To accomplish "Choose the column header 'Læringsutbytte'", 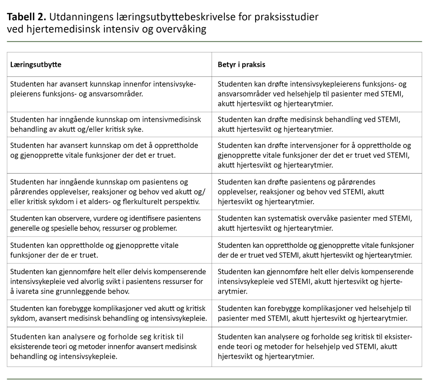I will click(36, 65).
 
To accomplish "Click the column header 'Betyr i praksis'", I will click(241, 65).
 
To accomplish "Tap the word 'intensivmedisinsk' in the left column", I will click(171, 120).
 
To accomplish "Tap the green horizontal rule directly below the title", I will click(214, 42).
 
